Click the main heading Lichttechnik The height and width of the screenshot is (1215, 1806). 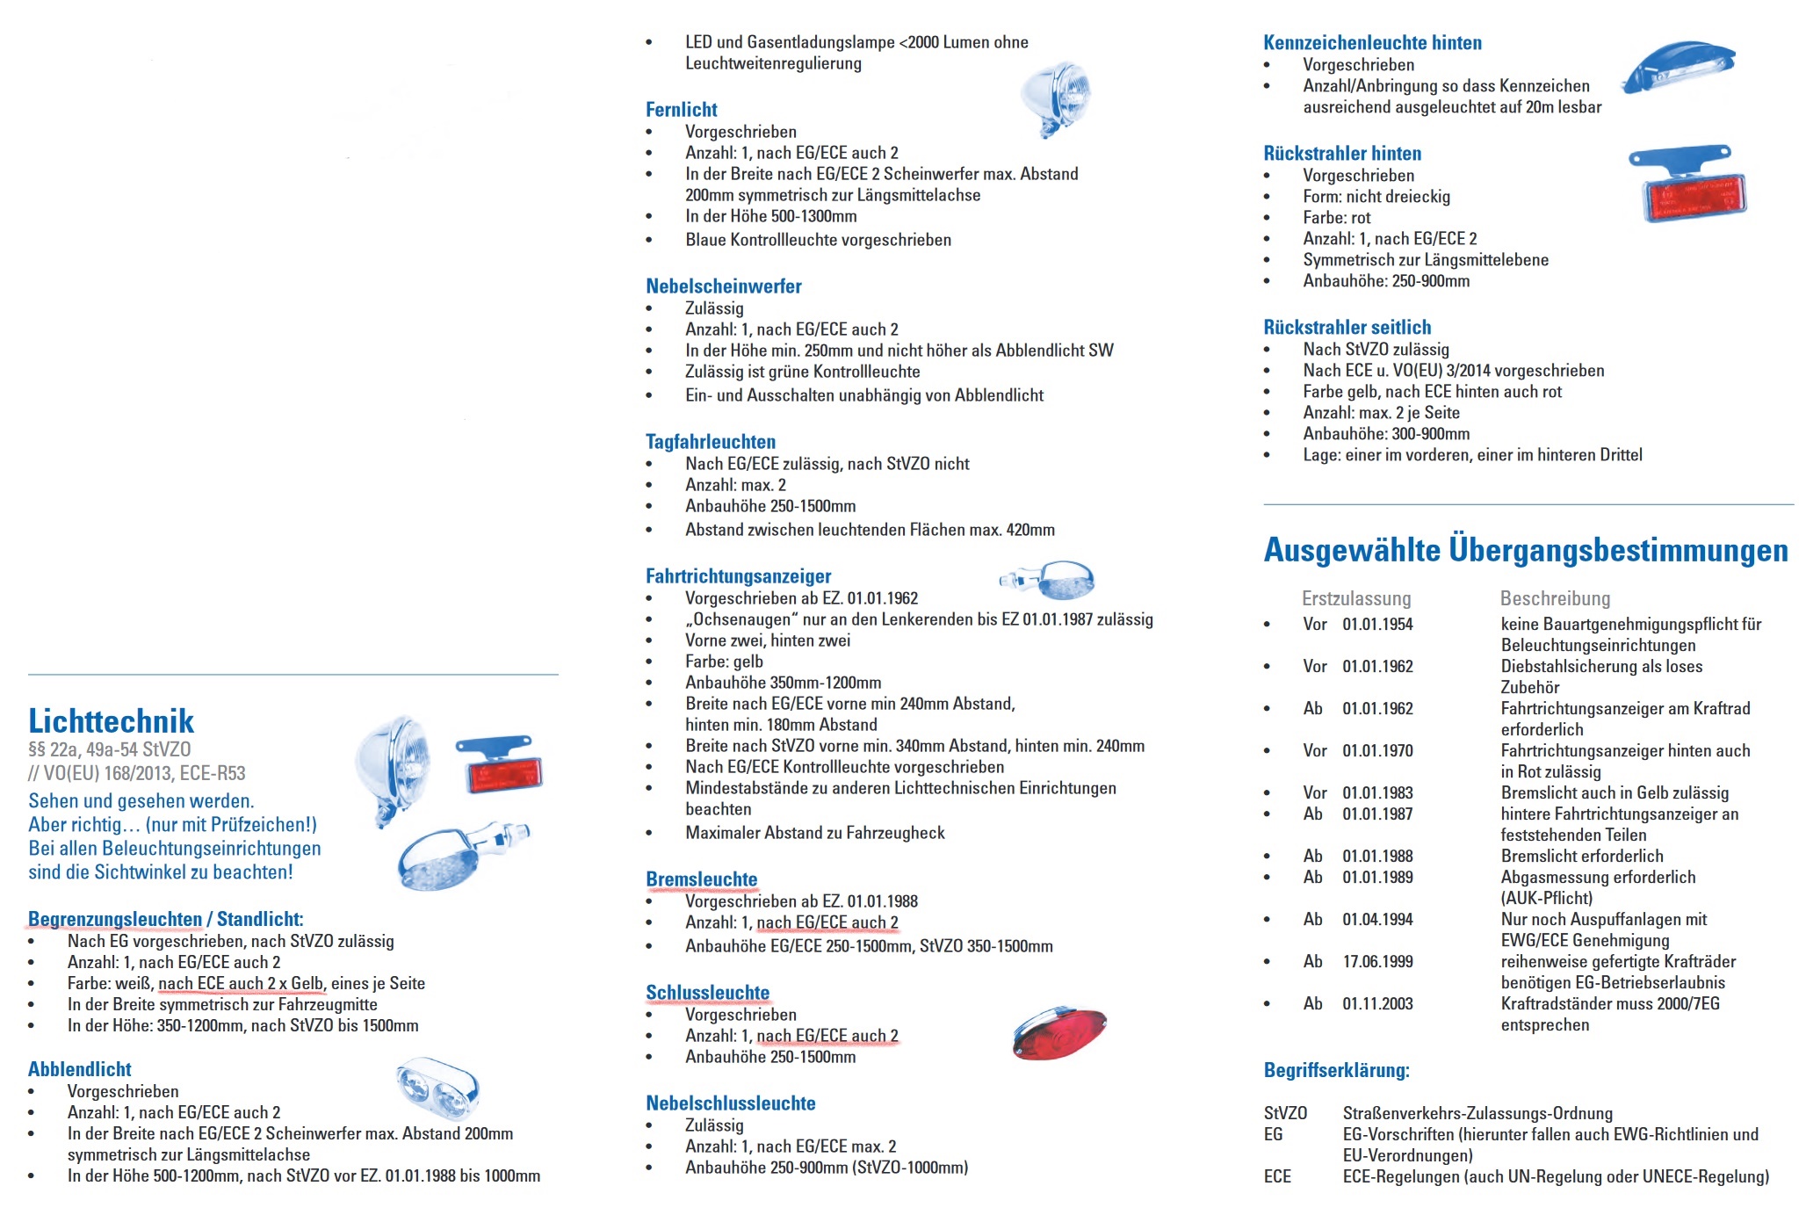[x=111, y=721]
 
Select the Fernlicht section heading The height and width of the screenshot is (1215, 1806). [x=681, y=110]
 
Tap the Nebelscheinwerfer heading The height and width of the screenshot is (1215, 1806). [x=723, y=286]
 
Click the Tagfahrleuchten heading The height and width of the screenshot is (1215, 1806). [x=710, y=442]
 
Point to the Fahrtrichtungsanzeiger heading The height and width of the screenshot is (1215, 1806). [x=738, y=576]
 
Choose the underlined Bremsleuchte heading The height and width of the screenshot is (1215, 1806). [x=701, y=879]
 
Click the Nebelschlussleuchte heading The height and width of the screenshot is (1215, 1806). [x=730, y=1103]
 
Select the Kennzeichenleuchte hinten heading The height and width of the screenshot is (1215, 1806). [x=1372, y=43]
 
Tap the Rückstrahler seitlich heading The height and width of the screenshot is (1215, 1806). [x=1347, y=328]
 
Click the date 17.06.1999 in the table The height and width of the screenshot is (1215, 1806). [x=1377, y=962]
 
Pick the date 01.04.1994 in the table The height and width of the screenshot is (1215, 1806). [x=1377, y=920]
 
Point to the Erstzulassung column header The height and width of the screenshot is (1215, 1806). [x=1355, y=599]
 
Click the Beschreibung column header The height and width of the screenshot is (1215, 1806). [x=1555, y=599]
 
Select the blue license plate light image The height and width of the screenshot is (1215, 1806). [x=1678, y=67]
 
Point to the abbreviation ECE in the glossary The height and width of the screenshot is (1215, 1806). [x=1277, y=1177]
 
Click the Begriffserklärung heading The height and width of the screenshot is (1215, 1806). [x=1336, y=1071]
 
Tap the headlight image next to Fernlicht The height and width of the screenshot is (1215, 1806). [x=1057, y=98]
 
